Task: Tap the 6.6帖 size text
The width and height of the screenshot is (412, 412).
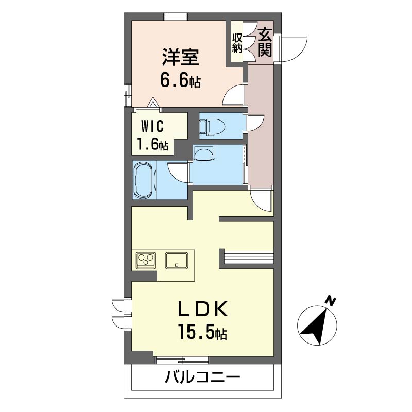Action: tap(180, 81)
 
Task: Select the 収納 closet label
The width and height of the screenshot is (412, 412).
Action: tap(237, 43)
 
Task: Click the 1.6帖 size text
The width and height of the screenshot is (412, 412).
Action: tap(152, 145)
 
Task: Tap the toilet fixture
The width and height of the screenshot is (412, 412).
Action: tap(213, 126)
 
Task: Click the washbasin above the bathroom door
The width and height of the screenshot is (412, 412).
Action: tap(205, 152)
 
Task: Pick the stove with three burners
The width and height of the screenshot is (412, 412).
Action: tap(146, 260)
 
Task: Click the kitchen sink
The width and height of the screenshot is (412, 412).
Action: tap(177, 260)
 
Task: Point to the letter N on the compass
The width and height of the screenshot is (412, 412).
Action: tap(332, 301)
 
